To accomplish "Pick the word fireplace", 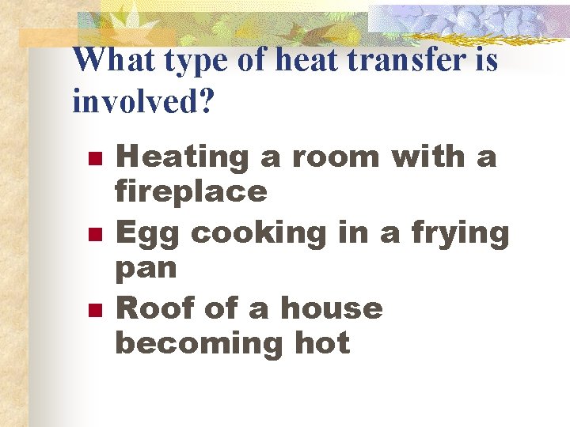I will (192, 191).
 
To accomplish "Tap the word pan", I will (146, 269).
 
